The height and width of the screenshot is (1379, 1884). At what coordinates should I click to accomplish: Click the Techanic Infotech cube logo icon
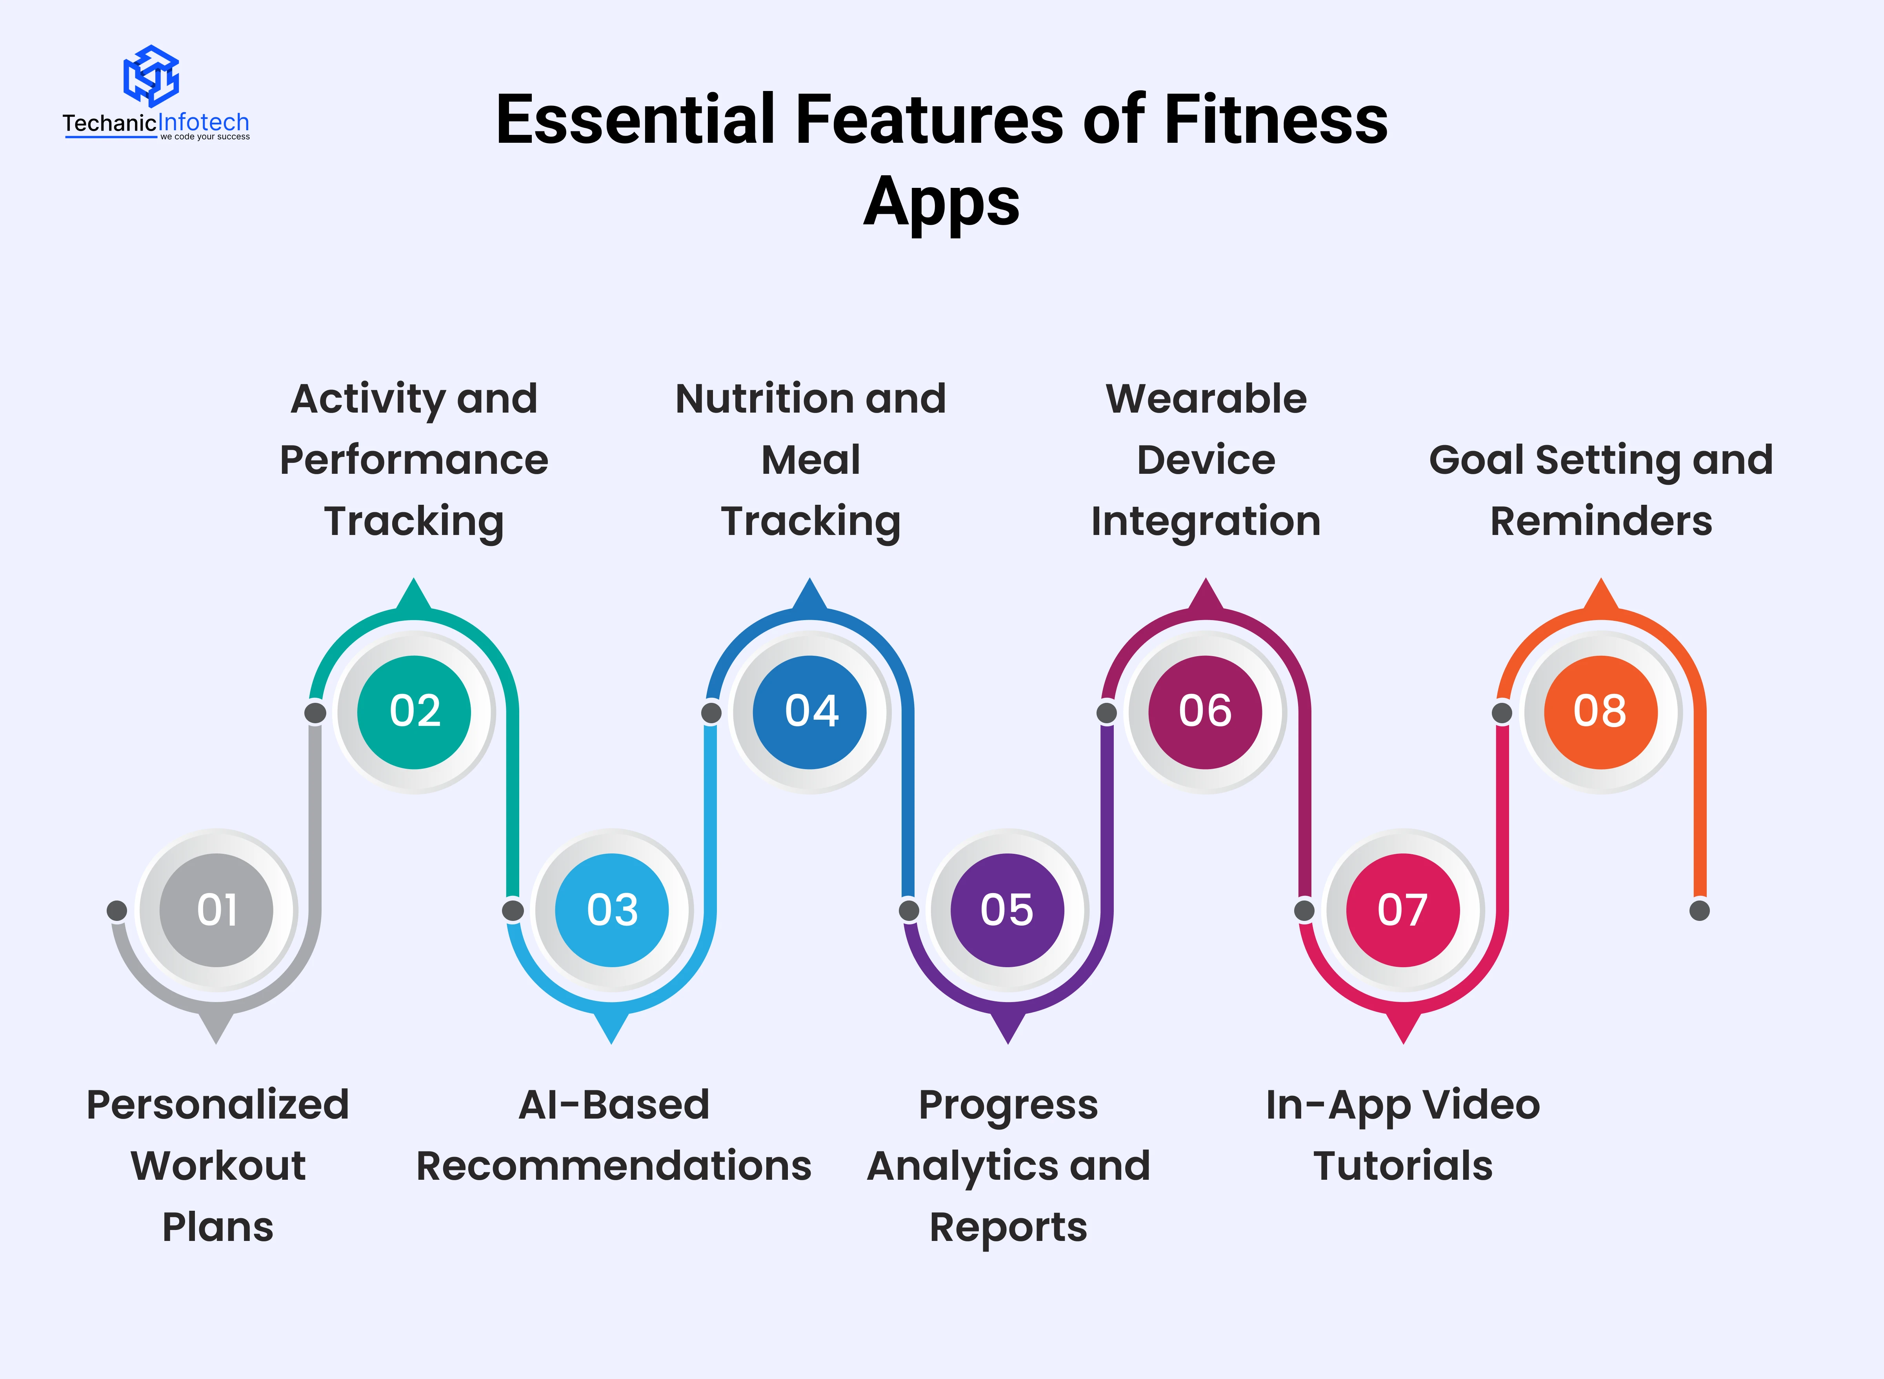151,75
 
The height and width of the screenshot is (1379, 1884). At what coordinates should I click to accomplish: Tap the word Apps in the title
942,203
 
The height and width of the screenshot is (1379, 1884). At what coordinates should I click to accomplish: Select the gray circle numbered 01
216,910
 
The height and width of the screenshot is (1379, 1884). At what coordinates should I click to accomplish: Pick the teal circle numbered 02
414,712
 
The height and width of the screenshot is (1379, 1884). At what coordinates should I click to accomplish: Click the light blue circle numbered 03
612,910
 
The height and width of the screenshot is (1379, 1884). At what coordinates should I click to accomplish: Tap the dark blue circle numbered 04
810,712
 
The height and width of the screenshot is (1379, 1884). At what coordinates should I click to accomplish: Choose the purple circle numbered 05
1007,910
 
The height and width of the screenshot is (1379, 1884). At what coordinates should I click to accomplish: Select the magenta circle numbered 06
1206,712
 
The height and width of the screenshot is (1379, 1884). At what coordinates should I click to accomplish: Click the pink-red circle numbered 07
1403,910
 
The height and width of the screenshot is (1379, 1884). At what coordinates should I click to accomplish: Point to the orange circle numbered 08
1601,712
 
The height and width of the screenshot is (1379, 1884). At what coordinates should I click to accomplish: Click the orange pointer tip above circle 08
1601,579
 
